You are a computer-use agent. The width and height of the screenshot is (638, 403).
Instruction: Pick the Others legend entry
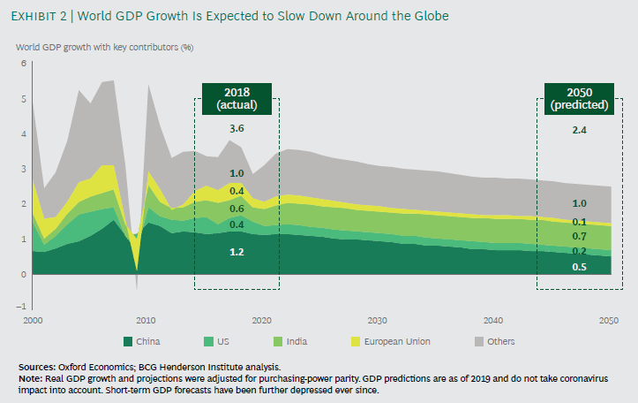point(494,341)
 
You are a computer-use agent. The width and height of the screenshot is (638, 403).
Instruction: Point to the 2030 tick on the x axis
point(377,320)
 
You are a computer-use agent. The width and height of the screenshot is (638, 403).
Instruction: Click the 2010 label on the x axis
point(146,320)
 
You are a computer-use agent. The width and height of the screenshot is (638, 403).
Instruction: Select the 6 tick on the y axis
point(24,65)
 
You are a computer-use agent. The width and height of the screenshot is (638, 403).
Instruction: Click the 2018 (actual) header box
point(236,97)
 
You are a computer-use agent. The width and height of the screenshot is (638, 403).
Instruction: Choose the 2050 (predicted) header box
point(579,97)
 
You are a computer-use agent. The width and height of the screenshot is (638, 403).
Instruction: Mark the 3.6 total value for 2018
point(236,130)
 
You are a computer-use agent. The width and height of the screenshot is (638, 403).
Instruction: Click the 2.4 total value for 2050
point(579,130)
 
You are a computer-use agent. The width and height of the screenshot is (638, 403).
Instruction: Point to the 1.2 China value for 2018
point(236,252)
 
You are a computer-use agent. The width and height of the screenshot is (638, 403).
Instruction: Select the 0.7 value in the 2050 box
point(579,237)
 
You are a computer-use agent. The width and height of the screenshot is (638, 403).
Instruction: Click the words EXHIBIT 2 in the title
point(38,15)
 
